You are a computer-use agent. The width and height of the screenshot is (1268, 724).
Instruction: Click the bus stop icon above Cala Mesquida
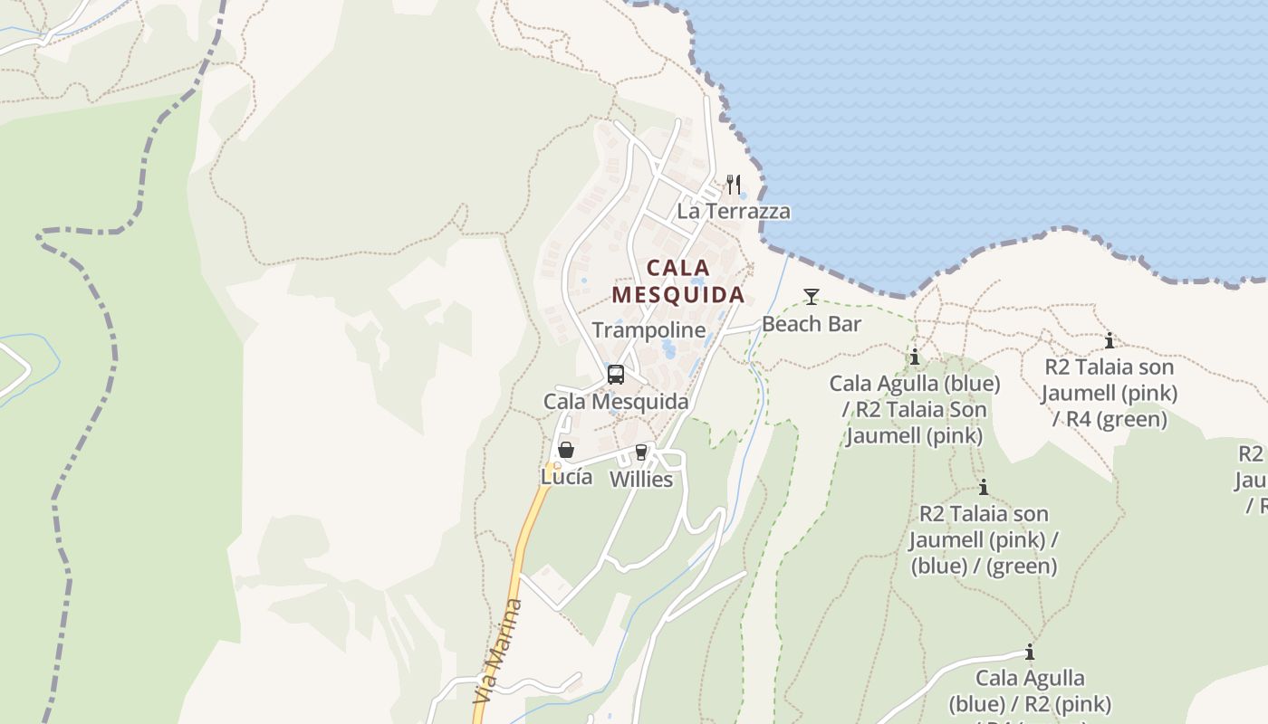click(x=616, y=374)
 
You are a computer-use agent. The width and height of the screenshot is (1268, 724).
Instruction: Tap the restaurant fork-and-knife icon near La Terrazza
click(x=734, y=184)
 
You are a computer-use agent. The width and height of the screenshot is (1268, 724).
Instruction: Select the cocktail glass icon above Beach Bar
click(x=811, y=296)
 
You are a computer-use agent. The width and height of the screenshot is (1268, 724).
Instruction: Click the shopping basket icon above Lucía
click(x=566, y=449)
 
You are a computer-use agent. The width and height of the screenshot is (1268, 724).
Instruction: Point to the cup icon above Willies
click(x=641, y=452)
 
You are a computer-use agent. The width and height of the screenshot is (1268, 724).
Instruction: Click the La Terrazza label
click(x=734, y=212)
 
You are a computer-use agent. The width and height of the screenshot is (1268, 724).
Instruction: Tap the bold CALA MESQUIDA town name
click(x=678, y=281)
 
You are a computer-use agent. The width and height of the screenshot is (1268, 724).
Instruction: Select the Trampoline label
click(x=648, y=330)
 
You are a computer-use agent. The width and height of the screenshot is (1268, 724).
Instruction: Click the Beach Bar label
click(x=812, y=324)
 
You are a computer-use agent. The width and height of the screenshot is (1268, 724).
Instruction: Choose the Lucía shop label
click(x=566, y=477)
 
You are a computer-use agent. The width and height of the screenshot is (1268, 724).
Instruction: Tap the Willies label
click(x=641, y=480)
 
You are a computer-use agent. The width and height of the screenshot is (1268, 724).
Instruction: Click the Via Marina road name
click(x=498, y=652)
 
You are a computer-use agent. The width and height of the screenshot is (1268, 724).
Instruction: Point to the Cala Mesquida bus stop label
click(x=616, y=402)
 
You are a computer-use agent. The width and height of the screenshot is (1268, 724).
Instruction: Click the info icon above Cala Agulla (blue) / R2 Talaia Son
click(x=915, y=357)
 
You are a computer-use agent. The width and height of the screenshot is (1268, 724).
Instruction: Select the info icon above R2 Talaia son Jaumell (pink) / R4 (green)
click(x=1109, y=341)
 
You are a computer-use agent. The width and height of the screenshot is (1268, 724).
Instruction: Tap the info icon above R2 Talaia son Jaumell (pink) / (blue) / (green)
click(x=983, y=488)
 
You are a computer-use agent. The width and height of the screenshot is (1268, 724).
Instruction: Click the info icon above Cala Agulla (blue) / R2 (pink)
click(x=1029, y=652)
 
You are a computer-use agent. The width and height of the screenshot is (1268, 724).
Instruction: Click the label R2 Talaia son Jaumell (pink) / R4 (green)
click(x=1109, y=394)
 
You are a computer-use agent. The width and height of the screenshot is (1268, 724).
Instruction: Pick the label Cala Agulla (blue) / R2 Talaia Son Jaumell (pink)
click(x=915, y=410)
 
